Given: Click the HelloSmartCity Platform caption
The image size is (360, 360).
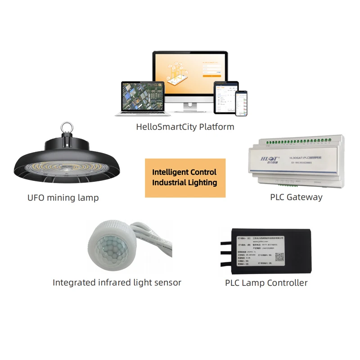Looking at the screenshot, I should [x=185, y=127].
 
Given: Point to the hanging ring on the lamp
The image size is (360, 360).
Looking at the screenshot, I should [x=67, y=125].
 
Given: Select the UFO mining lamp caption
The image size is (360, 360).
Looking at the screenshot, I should [x=63, y=198].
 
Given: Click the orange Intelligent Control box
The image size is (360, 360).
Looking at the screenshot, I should [x=184, y=178].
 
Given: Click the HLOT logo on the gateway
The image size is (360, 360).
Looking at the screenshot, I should [x=263, y=158].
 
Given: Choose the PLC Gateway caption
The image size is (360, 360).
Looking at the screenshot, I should [x=296, y=197].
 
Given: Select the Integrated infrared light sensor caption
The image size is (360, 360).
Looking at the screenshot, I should [x=117, y=283].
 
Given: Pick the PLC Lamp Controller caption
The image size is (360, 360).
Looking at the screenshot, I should [x=266, y=283].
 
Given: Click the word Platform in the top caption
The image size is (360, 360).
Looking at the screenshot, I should [x=217, y=127].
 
